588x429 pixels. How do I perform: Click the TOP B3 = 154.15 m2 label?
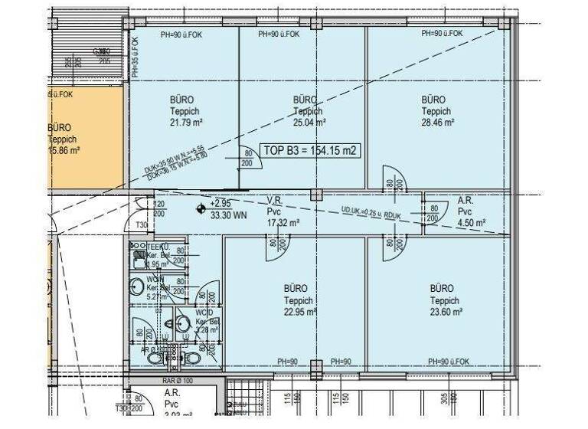coord(309,151)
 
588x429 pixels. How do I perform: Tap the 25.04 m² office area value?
coord(309,123)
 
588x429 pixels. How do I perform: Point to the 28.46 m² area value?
coord(437,123)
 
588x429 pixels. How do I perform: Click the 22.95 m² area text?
coord(297,312)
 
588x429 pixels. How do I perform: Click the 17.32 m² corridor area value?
coord(283,222)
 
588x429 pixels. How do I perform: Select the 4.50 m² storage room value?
coord(471,222)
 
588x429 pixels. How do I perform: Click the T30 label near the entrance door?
coord(142,225)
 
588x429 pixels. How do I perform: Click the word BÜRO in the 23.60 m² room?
coord(442,289)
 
